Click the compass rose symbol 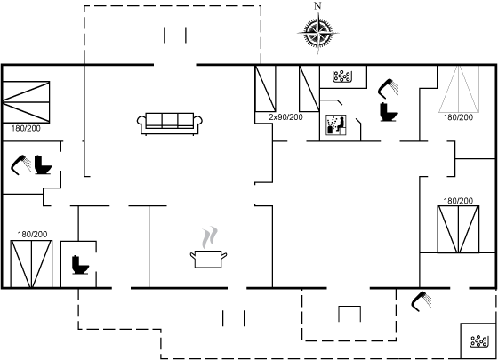point(318,32)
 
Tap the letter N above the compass point(317,5)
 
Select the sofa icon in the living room point(170,124)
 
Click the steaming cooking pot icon point(209,248)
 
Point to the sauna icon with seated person point(336,125)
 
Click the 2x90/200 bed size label point(285,117)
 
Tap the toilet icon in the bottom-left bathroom point(80,265)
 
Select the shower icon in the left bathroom point(21,164)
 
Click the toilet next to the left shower point(43,164)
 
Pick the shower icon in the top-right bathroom point(388,89)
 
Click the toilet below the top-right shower point(389,112)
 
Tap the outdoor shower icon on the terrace point(422,301)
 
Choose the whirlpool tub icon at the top point(342,76)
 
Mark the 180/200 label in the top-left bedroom point(26,129)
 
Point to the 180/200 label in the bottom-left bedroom point(32,235)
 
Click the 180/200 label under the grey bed point(458,117)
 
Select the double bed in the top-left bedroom point(26,102)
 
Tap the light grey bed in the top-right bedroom point(458,89)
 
